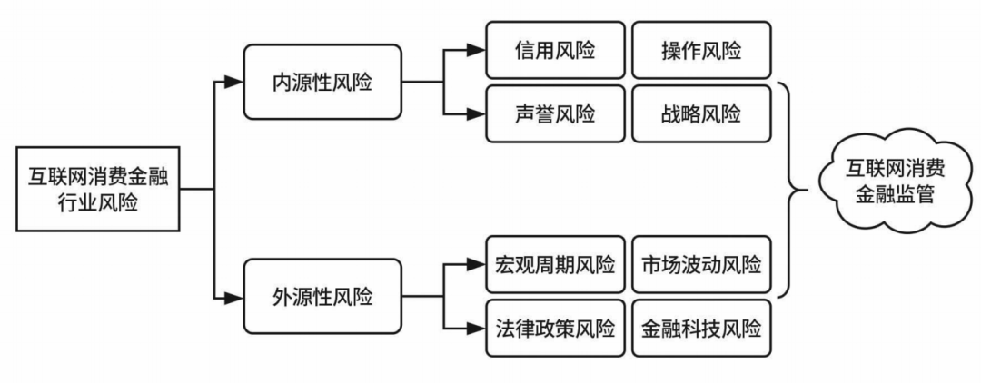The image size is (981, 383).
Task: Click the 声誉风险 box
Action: [x=555, y=115]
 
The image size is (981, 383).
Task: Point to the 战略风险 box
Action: [x=701, y=115]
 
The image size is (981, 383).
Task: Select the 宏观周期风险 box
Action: [x=555, y=265]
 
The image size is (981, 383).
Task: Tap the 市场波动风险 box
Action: [x=701, y=265]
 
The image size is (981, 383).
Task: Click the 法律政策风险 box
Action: [x=555, y=327]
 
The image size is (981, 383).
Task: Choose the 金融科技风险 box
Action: [x=701, y=327]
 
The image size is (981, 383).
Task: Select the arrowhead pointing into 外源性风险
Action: [x=234, y=296]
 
